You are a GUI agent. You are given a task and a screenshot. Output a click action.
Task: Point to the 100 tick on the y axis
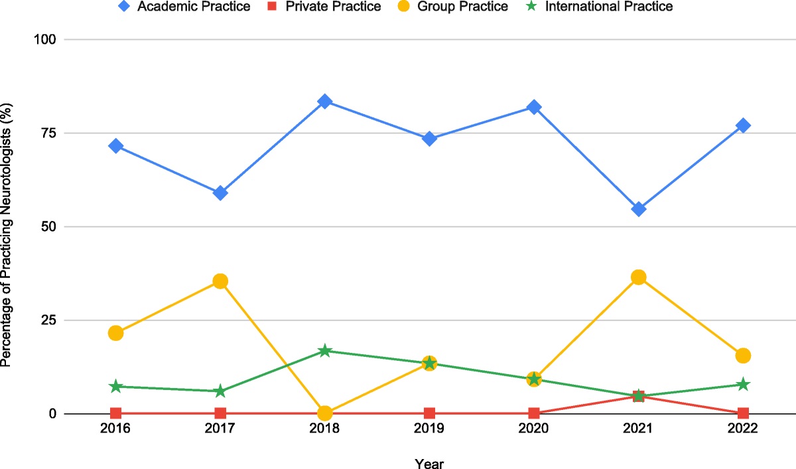coord(46,40)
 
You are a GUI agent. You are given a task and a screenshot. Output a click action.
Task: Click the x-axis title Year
coord(429,462)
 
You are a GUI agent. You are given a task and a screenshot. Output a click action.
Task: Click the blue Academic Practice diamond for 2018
coord(324,101)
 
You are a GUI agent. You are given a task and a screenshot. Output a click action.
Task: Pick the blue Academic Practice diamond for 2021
coord(639,209)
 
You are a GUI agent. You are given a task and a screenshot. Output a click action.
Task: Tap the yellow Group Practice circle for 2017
coord(220,281)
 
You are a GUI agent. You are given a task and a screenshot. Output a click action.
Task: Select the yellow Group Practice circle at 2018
coord(324,413)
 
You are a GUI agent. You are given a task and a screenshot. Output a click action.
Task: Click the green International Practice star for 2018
coord(324,350)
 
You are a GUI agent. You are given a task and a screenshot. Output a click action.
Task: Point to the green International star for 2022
coord(743,384)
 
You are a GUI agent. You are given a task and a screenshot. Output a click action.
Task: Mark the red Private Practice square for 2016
coord(116,413)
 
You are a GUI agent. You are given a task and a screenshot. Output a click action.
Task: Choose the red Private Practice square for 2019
coord(429,413)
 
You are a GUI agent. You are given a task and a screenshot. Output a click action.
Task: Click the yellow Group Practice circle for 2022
coord(743,356)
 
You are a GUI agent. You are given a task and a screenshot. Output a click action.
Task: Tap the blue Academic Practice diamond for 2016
coord(116,146)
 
